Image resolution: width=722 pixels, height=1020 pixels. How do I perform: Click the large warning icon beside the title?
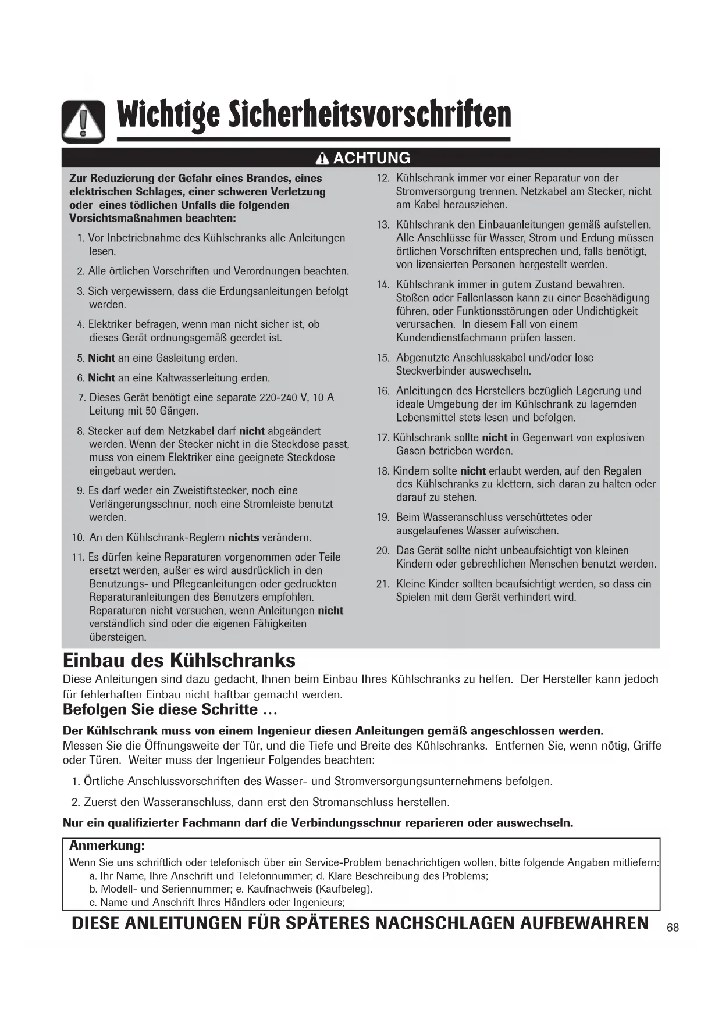(x=83, y=122)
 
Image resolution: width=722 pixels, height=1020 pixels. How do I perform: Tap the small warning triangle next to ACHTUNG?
(x=323, y=158)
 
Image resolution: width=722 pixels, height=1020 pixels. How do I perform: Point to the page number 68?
(x=673, y=928)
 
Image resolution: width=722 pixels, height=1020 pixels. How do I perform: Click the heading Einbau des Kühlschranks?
(x=179, y=661)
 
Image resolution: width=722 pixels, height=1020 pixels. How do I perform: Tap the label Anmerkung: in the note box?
(x=107, y=845)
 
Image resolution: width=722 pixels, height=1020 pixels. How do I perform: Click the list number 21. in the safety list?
(x=383, y=584)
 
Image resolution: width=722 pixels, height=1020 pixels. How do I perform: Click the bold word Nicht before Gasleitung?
(x=101, y=358)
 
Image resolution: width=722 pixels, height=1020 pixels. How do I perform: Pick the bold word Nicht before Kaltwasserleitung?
(x=101, y=378)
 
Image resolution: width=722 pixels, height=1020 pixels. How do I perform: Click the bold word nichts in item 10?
(x=243, y=537)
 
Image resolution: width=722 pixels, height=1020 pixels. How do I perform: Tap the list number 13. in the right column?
(x=383, y=225)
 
